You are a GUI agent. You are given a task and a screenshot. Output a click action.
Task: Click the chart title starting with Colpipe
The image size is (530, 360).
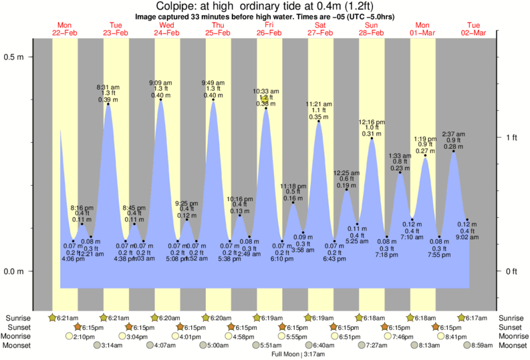(x=265, y=6)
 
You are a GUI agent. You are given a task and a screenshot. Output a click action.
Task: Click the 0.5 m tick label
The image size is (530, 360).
(x=14, y=57)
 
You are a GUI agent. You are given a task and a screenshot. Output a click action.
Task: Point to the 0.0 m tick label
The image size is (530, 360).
(x=14, y=271)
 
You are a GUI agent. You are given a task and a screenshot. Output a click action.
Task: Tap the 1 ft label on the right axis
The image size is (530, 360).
(x=512, y=137)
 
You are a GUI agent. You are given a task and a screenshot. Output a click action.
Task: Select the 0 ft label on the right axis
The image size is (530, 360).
(x=512, y=271)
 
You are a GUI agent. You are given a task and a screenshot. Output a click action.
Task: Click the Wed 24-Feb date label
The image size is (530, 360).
(x=167, y=28)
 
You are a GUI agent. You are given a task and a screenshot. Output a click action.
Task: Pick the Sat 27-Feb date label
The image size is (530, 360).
(x=321, y=28)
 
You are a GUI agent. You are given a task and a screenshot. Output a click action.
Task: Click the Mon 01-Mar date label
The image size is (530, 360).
(x=423, y=28)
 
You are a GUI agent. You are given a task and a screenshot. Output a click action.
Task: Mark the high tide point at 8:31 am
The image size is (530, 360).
(x=108, y=104)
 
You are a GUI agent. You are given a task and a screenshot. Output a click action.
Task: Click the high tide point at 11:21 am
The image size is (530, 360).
(x=318, y=121)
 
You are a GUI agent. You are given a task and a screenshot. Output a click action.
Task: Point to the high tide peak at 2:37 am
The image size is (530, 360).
(x=454, y=151)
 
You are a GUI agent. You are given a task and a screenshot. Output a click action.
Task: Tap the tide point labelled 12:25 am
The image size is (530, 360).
(x=346, y=190)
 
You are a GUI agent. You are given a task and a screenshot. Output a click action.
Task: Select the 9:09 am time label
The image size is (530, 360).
(x=160, y=82)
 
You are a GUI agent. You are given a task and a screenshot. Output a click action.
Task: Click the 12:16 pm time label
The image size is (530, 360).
(x=372, y=122)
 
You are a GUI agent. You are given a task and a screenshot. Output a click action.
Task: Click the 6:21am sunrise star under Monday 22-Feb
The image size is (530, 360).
(x=53, y=317)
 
